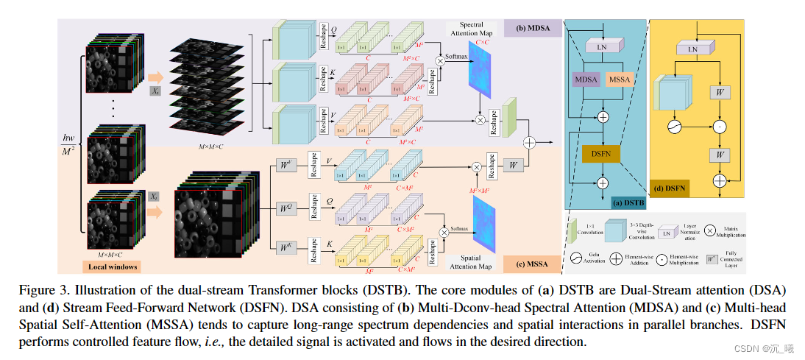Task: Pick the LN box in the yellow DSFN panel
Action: click(x=692, y=49)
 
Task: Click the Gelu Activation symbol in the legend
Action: click(x=578, y=258)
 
